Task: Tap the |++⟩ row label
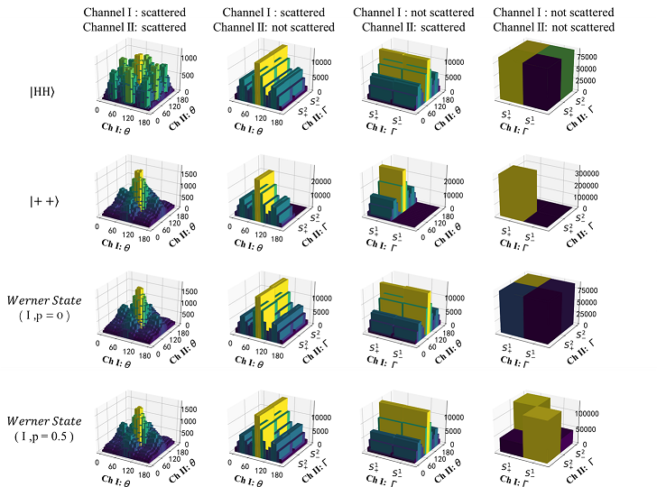pos(42,209)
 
